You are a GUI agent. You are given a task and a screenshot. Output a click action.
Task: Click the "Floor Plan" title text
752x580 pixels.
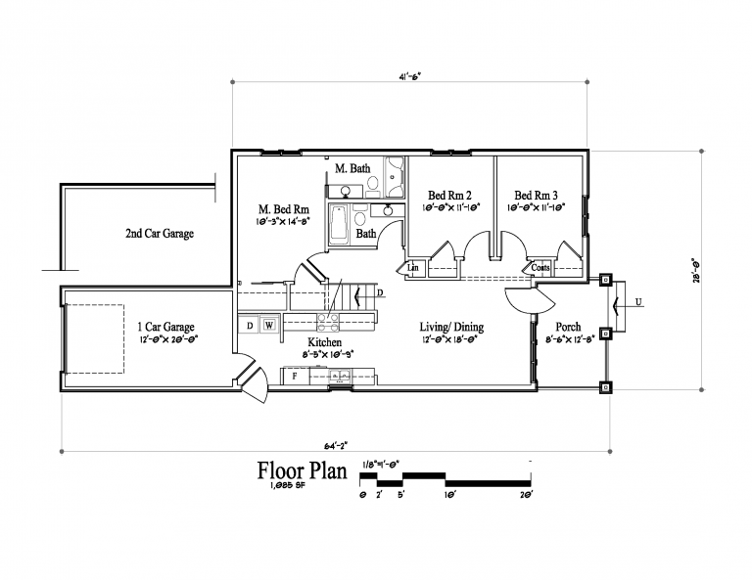point(302,471)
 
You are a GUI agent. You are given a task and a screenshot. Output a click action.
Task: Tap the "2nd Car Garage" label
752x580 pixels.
point(159,234)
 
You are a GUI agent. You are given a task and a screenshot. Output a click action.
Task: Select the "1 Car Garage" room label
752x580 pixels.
point(164,327)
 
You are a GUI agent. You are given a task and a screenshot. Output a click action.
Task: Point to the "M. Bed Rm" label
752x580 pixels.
point(284,209)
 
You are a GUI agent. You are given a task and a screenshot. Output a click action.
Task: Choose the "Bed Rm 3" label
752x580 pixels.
point(538,195)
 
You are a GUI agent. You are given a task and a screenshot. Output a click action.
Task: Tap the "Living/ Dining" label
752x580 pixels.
point(451,328)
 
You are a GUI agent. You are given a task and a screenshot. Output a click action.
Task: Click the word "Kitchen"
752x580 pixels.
point(324,342)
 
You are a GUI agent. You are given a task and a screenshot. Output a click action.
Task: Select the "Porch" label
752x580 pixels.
point(568,327)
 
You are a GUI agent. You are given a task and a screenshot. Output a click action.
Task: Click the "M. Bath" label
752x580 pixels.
point(352,168)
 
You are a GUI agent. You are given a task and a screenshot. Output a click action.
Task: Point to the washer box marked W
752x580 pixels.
point(268,324)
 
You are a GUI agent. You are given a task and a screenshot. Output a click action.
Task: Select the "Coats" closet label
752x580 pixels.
point(540,267)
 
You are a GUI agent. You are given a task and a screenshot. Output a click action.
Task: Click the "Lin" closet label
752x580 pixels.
point(413,267)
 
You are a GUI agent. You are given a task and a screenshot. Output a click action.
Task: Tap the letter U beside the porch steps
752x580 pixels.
point(638,302)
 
